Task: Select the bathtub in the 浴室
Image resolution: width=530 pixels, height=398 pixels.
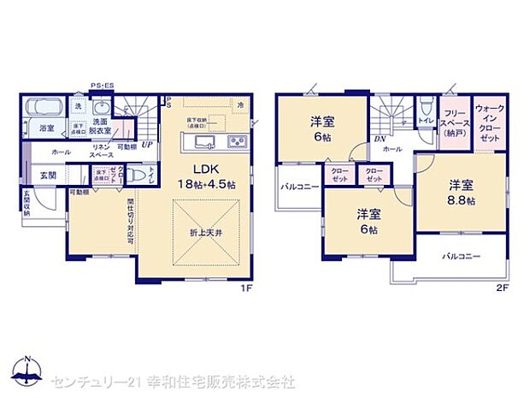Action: [42, 109]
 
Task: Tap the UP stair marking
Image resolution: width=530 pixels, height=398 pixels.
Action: [147, 145]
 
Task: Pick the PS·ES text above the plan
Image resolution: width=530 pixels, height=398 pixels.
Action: [103, 86]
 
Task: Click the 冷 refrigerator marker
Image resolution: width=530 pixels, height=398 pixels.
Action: [241, 106]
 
